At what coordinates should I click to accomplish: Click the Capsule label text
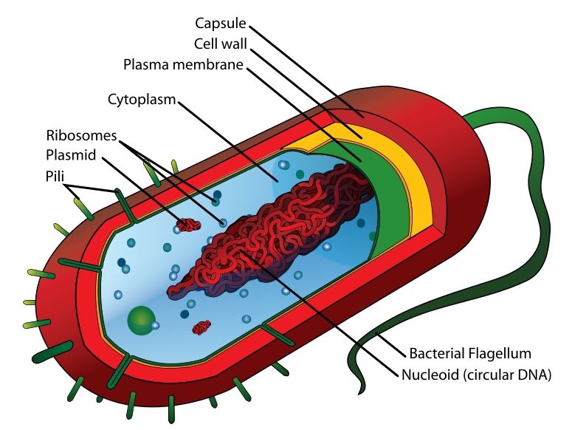click(221, 24)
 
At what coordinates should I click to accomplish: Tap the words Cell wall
click(221, 44)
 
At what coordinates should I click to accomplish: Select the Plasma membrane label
click(183, 64)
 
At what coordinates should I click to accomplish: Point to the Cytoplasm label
click(142, 99)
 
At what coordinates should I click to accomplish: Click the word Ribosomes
click(81, 135)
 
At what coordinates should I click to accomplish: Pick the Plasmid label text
click(71, 154)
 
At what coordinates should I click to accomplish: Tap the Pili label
click(55, 177)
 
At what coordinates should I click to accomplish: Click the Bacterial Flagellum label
click(470, 353)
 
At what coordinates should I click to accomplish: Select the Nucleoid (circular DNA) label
click(476, 375)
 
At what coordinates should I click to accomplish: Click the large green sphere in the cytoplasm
click(140, 321)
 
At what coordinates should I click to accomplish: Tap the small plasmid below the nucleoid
click(201, 327)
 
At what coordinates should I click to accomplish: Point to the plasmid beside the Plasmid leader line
click(189, 225)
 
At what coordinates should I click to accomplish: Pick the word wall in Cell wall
click(235, 44)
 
